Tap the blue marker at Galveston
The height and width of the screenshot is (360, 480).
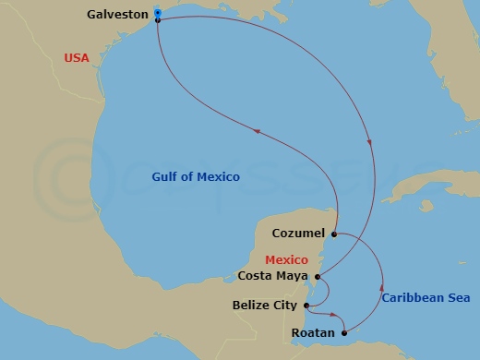[158, 13]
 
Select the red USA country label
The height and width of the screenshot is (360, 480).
[77, 58]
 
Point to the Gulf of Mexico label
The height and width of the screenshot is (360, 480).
[196, 176]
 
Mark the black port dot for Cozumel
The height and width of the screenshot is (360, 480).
[333, 234]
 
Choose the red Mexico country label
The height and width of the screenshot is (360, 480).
[286, 259]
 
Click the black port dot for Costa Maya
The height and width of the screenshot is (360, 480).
[318, 275]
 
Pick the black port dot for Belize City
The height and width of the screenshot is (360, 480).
[307, 305]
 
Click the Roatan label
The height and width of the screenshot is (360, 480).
[311, 332]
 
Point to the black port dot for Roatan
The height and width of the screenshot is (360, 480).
[344, 332]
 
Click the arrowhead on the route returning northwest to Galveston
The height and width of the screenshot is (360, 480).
[256, 133]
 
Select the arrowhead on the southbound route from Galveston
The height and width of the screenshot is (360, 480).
[371, 143]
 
